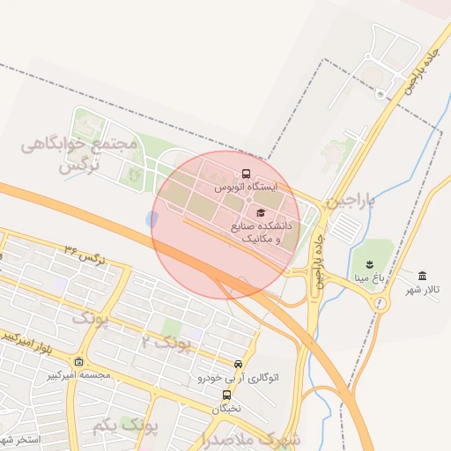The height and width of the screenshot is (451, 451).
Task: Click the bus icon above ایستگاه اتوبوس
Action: point(246,174)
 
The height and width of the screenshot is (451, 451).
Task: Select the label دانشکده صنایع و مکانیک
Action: point(261,233)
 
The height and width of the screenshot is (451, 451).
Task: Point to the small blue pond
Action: point(153,218)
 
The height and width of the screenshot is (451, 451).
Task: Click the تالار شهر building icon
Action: point(424,275)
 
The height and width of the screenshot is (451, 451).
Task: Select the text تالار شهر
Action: point(424,289)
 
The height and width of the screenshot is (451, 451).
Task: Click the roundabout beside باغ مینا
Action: point(381,304)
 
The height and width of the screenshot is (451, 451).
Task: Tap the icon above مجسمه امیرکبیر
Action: point(79,361)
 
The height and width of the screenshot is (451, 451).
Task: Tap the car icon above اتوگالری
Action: point(238,364)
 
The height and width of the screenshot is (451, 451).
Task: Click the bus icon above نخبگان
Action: point(226,396)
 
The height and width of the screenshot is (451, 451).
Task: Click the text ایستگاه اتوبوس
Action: point(245,188)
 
